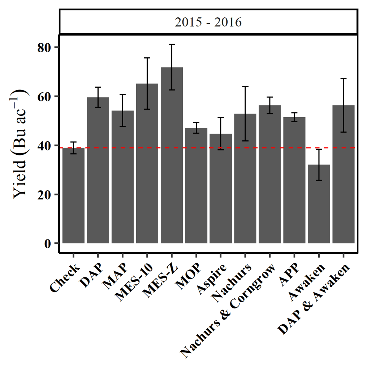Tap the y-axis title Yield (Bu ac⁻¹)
[20, 144]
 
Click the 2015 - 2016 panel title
[208, 22]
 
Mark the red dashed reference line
[217, 148]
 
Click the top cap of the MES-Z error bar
[172, 44]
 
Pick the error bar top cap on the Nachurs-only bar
[245, 87]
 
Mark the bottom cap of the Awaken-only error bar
[319, 180]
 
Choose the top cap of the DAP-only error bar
[98, 87]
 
